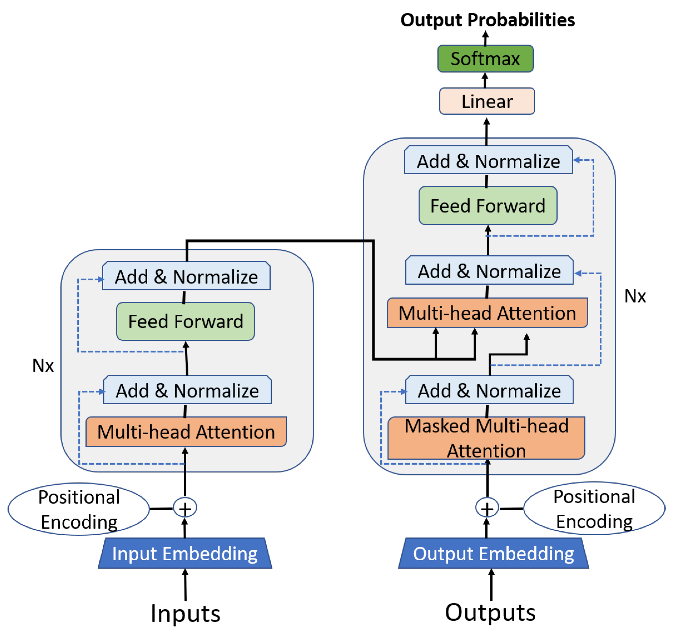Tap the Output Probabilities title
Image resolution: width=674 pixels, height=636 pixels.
(x=487, y=20)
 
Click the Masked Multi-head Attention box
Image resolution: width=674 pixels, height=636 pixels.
(x=486, y=438)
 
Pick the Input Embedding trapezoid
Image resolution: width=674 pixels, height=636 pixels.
(x=185, y=554)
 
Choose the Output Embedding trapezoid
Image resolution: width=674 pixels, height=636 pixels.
(x=493, y=554)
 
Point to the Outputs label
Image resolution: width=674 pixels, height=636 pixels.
(x=490, y=612)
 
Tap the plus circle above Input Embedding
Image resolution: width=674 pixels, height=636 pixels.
(x=185, y=508)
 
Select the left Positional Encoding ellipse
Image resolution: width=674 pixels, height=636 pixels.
(x=79, y=509)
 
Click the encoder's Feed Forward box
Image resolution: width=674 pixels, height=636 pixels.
(x=185, y=321)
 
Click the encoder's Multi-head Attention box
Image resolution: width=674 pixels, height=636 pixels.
(x=186, y=432)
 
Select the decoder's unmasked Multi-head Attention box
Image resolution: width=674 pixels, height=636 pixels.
(x=487, y=313)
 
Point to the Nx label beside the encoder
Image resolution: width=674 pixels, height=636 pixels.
(x=43, y=366)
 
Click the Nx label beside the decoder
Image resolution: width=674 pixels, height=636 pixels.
(x=635, y=296)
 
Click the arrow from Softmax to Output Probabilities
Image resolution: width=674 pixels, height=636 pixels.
(x=486, y=38)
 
